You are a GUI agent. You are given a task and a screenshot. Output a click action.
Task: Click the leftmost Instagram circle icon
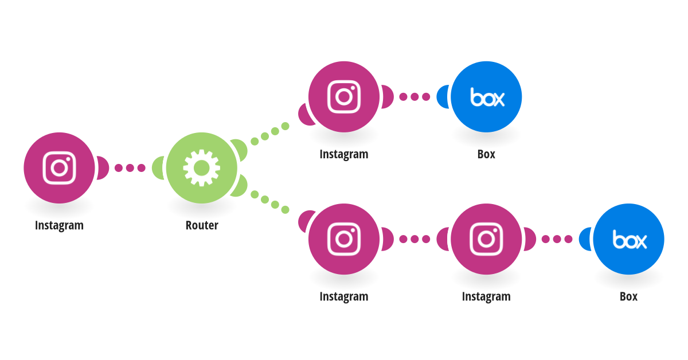(59, 168)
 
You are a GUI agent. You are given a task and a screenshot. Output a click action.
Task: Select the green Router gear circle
(201, 168)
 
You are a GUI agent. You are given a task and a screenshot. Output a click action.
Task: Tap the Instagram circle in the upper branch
(343, 97)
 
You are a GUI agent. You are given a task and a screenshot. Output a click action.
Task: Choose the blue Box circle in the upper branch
(486, 97)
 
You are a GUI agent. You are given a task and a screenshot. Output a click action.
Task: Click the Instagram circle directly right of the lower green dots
(343, 239)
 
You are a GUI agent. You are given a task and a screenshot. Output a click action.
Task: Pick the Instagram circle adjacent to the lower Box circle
(486, 239)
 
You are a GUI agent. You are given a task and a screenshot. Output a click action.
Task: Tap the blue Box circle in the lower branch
(628, 239)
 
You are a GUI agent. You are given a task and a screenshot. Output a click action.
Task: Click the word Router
(202, 225)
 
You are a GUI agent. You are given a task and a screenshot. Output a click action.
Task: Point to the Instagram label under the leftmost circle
(59, 226)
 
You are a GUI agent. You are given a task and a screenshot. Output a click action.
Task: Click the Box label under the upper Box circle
(486, 154)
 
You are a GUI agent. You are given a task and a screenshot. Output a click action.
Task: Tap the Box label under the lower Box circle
(629, 296)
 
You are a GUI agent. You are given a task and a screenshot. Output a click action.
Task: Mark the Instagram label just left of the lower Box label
(487, 297)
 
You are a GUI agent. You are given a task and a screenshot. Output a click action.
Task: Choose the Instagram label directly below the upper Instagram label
(344, 297)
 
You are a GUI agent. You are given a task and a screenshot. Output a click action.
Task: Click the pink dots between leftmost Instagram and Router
(130, 168)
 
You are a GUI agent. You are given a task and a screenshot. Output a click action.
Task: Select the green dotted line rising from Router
(270, 134)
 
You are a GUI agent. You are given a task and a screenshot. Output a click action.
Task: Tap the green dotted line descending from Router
(270, 202)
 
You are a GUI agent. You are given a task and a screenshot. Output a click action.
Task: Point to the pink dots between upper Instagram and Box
(415, 97)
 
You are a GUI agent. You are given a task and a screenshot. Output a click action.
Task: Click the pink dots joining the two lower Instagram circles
(415, 239)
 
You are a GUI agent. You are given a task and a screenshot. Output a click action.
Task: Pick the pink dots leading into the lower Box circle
(557, 239)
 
